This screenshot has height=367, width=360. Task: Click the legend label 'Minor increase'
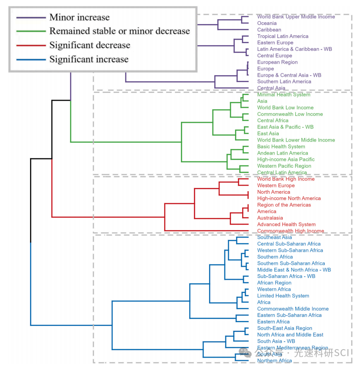[79, 17]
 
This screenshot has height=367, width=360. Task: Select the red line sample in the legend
[31, 45]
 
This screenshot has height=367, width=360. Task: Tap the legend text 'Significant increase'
[89, 59]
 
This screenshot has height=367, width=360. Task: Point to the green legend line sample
[31, 31]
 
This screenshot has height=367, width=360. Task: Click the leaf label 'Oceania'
[267, 24]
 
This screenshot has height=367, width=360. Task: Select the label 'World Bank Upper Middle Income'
[296, 17]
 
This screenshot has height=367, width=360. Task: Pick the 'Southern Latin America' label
[284, 81]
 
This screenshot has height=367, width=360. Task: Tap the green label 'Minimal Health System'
[283, 94]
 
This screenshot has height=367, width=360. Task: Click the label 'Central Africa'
[273, 121]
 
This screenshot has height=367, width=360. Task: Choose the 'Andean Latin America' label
[282, 153]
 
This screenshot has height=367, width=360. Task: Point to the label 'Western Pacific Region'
[284, 166]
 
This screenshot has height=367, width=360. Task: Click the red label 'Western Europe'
[276, 185]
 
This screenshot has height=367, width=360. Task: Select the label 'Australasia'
[270, 218]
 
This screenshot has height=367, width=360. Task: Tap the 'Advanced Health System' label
[286, 224]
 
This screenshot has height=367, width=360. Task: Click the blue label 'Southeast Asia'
[274, 237]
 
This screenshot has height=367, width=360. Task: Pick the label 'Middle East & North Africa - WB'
[293, 270]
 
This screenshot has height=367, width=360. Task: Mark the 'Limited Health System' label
[283, 296]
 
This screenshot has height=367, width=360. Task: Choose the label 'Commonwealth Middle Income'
[293, 309]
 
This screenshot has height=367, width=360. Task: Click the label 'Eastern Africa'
[273, 322]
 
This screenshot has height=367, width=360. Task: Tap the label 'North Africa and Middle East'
[290, 335]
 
